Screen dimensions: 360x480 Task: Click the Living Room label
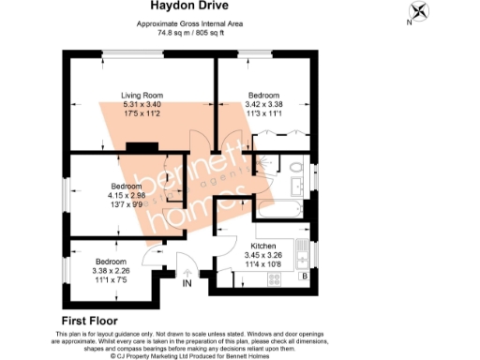[x=142, y=95]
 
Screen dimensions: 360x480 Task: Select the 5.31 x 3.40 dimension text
[x=142, y=104]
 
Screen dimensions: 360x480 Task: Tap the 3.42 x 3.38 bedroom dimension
[x=263, y=104]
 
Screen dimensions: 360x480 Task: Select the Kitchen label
[x=262, y=246]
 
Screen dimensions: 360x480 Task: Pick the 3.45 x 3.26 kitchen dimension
[x=262, y=255]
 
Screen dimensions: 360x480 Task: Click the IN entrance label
[x=187, y=281]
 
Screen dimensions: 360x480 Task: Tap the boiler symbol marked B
[x=304, y=277]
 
